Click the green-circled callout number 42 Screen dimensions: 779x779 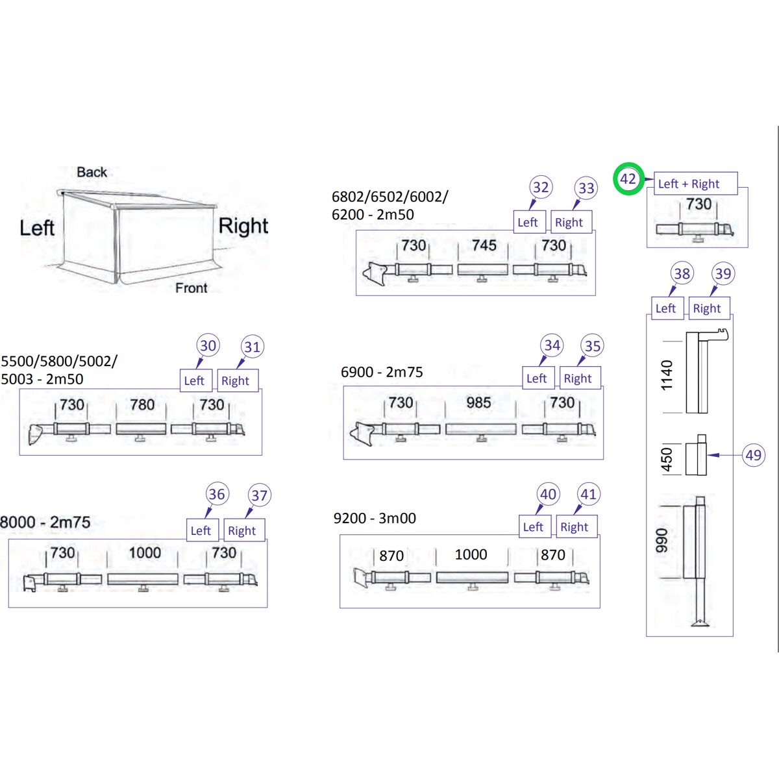click(x=628, y=179)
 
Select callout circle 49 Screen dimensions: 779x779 click(x=754, y=455)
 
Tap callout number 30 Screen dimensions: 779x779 click(x=208, y=345)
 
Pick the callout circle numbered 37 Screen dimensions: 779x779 click(x=259, y=495)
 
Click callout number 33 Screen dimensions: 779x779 click(x=586, y=188)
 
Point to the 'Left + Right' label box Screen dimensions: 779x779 click(x=695, y=184)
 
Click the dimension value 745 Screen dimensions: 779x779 click(x=484, y=245)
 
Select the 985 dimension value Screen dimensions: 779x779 click(x=478, y=402)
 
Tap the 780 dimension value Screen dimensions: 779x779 click(x=142, y=404)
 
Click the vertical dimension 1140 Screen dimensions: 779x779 click(x=667, y=375)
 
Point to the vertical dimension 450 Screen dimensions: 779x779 click(x=667, y=460)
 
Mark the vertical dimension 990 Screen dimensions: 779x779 click(x=662, y=540)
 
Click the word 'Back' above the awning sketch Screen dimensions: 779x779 click(x=92, y=172)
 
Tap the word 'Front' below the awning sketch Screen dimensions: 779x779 click(x=192, y=288)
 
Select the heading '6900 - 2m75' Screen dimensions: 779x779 click(x=382, y=372)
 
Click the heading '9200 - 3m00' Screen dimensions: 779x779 click(x=375, y=518)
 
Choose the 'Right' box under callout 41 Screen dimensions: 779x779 click(x=576, y=526)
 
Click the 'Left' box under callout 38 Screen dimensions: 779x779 click(x=667, y=308)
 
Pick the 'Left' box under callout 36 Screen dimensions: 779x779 click(x=202, y=530)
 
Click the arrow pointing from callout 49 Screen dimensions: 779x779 click(x=725, y=455)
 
